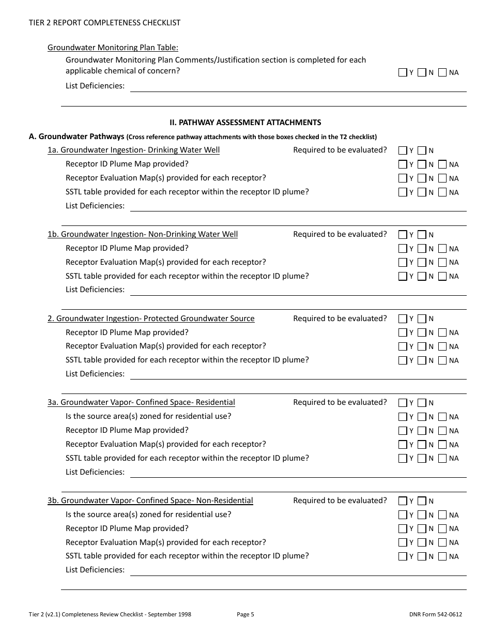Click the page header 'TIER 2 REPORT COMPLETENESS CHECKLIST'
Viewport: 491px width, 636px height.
pyautogui.click(x=104, y=23)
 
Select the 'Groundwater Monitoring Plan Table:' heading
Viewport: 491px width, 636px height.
pyautogui.click(x=113, y=48)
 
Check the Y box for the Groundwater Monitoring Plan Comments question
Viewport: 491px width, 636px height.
pyautogui.click(x=403, y=73)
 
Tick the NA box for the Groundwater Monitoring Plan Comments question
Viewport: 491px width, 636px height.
pyautogui.click(x=442, y=73)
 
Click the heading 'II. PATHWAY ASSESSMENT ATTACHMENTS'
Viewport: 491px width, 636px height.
pyautogui.click(x=245, y=123)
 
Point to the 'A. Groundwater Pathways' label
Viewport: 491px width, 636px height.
pyautogui.click(x=76, y=137)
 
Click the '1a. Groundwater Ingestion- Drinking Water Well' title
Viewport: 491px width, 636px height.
pyautogui.click(x=133, y=150)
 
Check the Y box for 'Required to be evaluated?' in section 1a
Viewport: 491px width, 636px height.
pyautogui.click(x=403, y=150)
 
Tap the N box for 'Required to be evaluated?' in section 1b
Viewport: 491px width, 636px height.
pyautogui.click(x=422, y=235)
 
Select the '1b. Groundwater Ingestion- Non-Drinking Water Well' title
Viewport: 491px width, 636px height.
pyautogui.click(x=143, y=234)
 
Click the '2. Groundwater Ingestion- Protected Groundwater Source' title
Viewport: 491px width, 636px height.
pyautogui.click(x=151, y=319)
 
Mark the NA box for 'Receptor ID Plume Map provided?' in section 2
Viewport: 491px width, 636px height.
pyautogui.click(x=442, y=333)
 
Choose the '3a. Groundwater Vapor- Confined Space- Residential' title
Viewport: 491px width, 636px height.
pyautogui.click(x=141, y=402)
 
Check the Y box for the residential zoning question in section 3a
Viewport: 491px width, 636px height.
pyautogui.click(x=403, y=417)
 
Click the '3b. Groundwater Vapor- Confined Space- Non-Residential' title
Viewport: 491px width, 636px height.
pyautogui.click(x=150, y=501)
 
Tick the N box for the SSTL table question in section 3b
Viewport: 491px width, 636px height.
pyautogui.click(x=422, y=557)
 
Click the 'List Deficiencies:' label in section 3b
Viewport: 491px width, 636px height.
pyautogui.click(x=95, y=570)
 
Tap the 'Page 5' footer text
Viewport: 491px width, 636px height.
pyautogui.click(x=245, y=615)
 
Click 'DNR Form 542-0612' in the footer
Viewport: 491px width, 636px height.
pyautogui.click(x=435, y=615)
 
